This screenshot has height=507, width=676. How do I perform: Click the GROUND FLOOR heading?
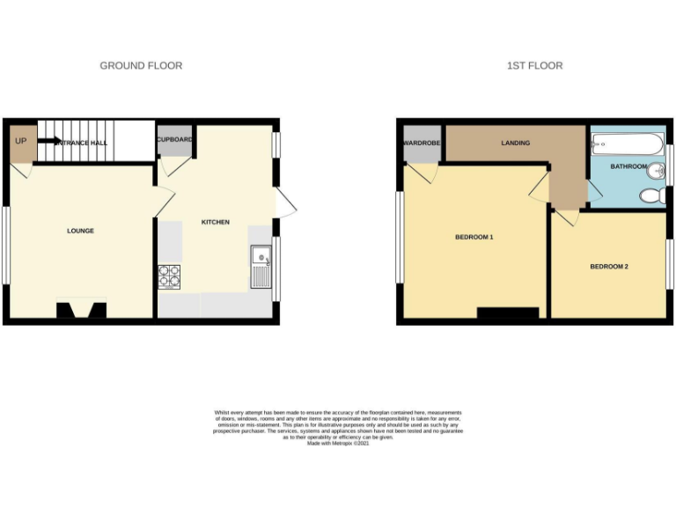[x=141, y=66]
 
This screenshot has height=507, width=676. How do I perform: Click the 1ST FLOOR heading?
[x=534, y=66]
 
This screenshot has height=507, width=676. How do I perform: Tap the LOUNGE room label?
[x=80, y=231]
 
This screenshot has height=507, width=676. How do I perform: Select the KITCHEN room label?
[x=216, y=222]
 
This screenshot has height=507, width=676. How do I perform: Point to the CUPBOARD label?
[x=174, y=139]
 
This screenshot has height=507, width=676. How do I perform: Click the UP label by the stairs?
[x=19, y=141]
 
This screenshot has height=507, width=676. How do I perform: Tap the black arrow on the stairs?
[x=48, y=141]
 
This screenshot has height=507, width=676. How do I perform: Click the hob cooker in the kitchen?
[x=169, y=276]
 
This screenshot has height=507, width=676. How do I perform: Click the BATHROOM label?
[x=628, y=166]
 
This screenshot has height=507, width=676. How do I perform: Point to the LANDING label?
[x=515, y=143]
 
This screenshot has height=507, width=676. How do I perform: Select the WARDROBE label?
[x=421, y=143]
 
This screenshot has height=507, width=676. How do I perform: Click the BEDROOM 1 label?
[x=474, y=238]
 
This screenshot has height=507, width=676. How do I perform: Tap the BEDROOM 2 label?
[x=608, y=267]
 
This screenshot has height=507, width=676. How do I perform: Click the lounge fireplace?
[x=82, y=310]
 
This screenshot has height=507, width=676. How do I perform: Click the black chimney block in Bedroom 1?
[x=507, y=312]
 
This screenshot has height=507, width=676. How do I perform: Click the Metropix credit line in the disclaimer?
[x=338, y=444]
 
